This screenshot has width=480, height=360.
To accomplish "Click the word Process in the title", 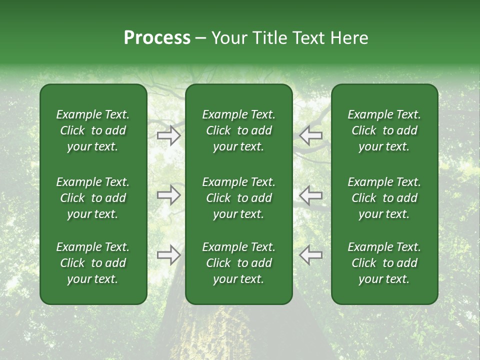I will tap(157, 38).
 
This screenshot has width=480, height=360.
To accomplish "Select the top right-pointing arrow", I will tap(168, 135).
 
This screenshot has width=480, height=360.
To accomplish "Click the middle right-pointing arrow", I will tap(168, 195).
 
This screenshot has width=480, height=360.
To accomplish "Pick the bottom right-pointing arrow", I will tap(168, 255).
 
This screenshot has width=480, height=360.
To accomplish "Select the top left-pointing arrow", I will tap(310, 135).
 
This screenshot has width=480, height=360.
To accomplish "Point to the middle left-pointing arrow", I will tap(310, 195).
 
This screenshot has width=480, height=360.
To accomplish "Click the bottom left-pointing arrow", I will tap(310, 255).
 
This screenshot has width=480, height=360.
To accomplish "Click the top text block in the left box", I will tap(93, 130).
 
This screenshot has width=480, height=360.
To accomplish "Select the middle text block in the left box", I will tap(93, 198).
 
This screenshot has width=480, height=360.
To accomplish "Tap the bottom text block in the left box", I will tap(93, 263).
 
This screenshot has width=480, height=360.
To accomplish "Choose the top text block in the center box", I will tap(238, 130).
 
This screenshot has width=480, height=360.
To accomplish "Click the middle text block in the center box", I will tap(238, 198).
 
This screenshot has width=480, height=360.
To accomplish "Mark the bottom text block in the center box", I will tap(238, 263).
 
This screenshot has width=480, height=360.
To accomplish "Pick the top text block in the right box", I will tap(384, 130).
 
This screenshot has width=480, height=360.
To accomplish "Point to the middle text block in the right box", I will tap(384, 198).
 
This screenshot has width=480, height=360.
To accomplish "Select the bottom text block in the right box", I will tap(384, 263).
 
